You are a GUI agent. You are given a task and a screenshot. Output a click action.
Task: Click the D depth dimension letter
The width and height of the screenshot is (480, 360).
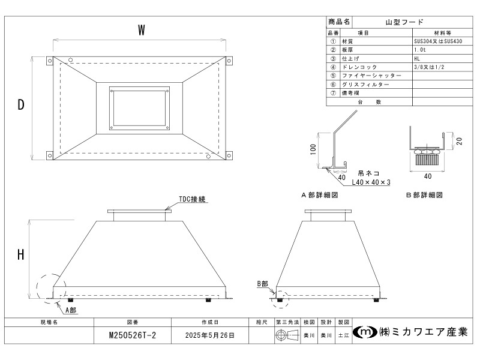[21, 105]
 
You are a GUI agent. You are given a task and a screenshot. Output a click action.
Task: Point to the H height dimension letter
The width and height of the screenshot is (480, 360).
[21, 254]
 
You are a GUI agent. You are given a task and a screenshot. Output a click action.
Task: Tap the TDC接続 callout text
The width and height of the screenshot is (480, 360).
[193, 199]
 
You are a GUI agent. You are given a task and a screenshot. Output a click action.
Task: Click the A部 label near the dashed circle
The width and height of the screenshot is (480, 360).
[70, 310]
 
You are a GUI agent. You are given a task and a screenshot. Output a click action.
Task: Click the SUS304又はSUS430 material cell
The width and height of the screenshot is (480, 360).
[437, 41]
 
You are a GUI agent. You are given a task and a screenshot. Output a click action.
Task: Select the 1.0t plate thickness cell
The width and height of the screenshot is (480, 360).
[420, 50]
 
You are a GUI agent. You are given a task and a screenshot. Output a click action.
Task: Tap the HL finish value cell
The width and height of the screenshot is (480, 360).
[417, 59]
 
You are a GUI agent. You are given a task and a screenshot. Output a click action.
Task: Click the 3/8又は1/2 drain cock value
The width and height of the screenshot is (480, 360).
[428, 67]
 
